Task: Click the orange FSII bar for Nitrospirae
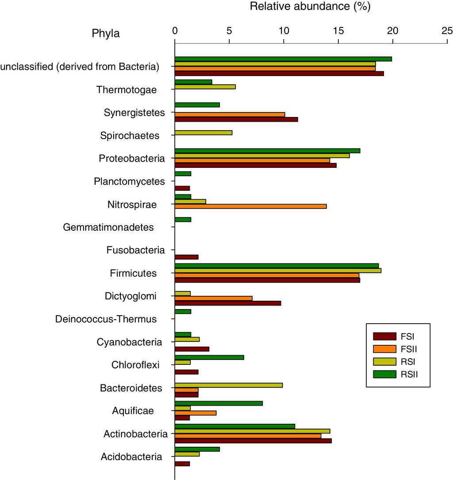point(250,206)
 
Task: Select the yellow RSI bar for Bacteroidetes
point(229,385)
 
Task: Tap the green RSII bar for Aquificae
point(219,403)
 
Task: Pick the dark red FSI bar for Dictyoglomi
point(228,303)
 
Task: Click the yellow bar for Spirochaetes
point(203,133)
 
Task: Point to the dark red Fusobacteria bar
point(186,257)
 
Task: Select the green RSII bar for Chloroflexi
point(209,357)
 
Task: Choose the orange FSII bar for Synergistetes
point(230,115)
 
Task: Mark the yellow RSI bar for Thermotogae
point(205,87)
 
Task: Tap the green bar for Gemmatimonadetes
point(183,220)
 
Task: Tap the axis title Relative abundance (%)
point(310,7)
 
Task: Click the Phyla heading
point(106,33)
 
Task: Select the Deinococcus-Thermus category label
point(106,319)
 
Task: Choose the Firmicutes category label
point(133,273)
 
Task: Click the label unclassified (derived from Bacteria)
point(80,67)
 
